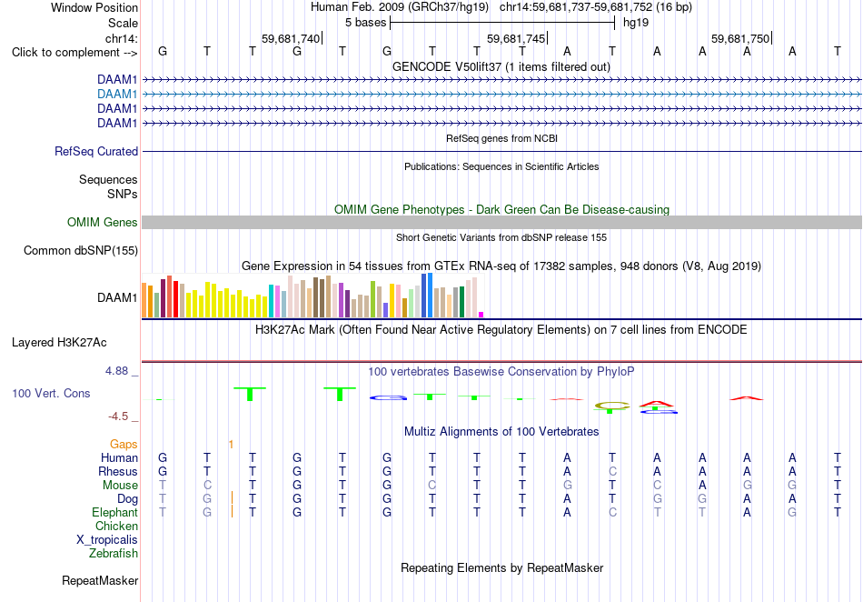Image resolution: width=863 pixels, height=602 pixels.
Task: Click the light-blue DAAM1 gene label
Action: click(x=117, y=95)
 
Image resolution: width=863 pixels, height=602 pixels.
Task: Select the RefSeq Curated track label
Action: click(x=96, y=152)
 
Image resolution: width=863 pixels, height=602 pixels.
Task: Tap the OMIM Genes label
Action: click(x=103, y=223)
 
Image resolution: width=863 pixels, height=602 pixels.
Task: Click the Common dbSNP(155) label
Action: click(x=81, y=251)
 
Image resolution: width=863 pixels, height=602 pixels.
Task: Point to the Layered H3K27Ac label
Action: click(x=59, y=343)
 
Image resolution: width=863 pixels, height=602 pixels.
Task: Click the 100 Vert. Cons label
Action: click(x=51, y=393)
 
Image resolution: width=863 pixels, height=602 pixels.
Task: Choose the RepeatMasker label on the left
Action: click(x=100, y=580)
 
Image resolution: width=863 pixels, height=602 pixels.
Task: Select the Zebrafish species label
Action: click(x=114, y=553)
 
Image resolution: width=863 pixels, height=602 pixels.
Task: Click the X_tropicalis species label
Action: click(x=107, y=540)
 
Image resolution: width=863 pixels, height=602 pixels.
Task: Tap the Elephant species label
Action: click(x=115, y=512)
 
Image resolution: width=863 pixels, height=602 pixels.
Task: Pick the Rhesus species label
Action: click(x=118, y=471)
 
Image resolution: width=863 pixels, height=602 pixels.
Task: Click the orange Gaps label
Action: click(x=124, y=444)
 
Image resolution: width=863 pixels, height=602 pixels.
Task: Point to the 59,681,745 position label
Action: click(x=516, y=38)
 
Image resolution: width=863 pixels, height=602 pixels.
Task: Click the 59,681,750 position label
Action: click(x=740, y=38)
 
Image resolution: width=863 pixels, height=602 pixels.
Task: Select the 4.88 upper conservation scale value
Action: click(x=116, y=371)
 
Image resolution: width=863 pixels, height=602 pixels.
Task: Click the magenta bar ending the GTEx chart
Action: click(x=481, y=315)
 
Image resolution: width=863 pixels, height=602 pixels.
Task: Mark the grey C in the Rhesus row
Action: click(x=612, y=471)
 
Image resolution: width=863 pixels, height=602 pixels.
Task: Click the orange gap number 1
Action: click(x=231, y=444)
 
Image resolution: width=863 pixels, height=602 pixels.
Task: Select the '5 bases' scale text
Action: click(x=365, y=23)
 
